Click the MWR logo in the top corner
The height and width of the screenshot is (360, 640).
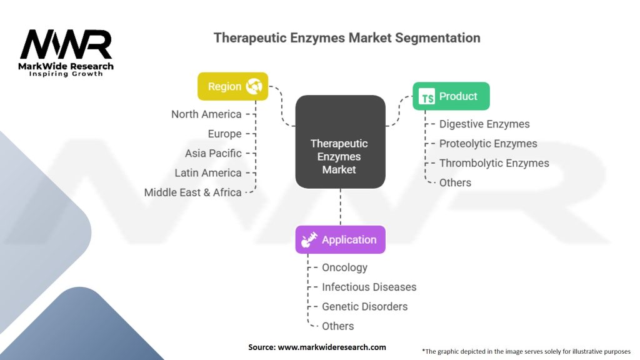point(66,52)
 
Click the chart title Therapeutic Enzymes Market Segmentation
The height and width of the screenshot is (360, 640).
point(347,38)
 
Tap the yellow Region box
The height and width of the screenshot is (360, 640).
point(232,86)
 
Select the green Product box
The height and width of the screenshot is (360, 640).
point(451,96)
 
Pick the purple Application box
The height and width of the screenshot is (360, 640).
point(341,239)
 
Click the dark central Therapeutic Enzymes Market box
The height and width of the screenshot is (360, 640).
point(341,142)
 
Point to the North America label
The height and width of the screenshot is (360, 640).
point(206,114)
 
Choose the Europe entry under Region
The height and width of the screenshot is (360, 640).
point(224,134)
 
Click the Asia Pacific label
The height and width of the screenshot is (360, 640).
point(213,154)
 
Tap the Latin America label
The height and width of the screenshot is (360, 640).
point(208,173)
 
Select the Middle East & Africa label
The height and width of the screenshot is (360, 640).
point(192,192)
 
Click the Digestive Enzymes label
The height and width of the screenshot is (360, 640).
point(484,124)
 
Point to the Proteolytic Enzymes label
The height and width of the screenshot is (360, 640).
point(488,144)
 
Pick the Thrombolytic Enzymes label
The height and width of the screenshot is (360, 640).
point(494,163)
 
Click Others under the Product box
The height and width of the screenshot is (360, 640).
point(455,183)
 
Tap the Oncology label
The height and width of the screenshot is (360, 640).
point(344,267)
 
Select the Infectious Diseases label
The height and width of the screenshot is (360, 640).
point(369,287)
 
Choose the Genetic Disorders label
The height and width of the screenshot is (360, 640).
point(364,306)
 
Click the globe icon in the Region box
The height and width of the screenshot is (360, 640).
point(254,86)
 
